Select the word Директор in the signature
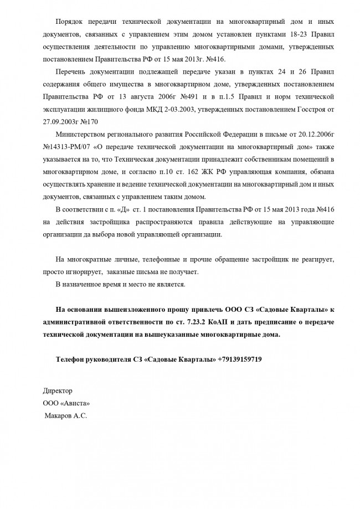click(x=58, y=390)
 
